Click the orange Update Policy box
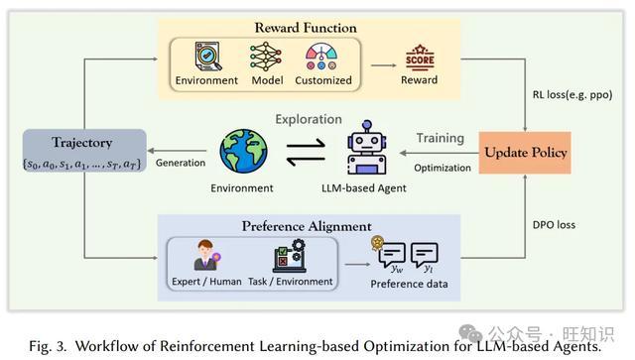pos(525,153)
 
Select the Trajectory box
pos(84,151)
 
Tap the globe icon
pos(243,151)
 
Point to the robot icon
pos(366,148)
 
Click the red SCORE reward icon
pos(420,58)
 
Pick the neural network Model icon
pos(266,57)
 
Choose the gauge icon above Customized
pos(321,57)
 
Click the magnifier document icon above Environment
pos(207,56)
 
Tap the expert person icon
pos(206,255)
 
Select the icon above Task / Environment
pos(290,256)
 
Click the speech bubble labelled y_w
pos(391,256)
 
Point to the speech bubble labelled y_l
pos(424,256)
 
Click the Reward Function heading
pos(306,28)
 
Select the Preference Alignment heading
pos(307,226)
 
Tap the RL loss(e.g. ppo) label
pos(572,95)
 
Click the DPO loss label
pos(554,225)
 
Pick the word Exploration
pos(309,119)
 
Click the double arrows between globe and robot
pos(306,153)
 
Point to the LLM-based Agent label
pos(364,187)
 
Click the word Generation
pos(181,163)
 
